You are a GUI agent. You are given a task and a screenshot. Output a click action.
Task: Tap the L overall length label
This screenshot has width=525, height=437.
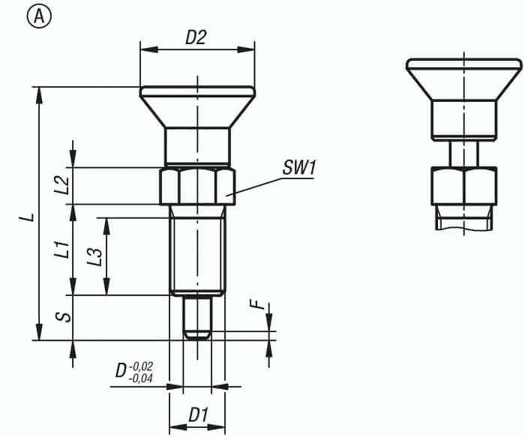[x=28, y=217]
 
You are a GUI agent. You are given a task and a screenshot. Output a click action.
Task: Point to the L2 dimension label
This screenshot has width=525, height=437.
[x=63, y=185]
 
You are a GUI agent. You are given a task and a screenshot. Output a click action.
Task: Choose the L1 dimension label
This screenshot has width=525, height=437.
[x=63, y=250]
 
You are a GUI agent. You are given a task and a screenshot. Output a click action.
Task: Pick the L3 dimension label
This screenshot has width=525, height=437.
[x=94, y=256]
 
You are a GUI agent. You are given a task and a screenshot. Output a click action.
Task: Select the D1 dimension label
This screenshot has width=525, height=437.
[x=197, y=414]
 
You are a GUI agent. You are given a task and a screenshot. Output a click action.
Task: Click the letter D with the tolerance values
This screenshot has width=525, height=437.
[x=120, y=372]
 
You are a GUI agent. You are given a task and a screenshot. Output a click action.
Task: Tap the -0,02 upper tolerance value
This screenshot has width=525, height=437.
[x=141, y=366]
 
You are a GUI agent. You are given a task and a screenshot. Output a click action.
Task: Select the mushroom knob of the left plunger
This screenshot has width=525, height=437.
[x=197, y=105]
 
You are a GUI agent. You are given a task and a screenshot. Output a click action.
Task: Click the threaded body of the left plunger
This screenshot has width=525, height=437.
[x=197, y=251]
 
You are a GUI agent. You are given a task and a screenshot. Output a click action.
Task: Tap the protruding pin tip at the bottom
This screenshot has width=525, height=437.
[x=197, y=319]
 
